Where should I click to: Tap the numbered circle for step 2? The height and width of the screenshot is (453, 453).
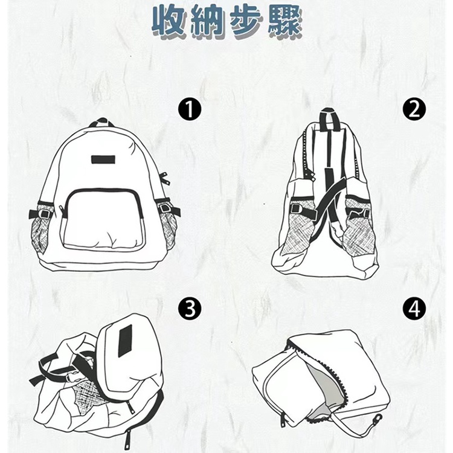pos(414,109)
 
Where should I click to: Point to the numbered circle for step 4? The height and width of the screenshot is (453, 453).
pos(414,309)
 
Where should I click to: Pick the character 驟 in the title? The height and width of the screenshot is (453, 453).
pos(283,22)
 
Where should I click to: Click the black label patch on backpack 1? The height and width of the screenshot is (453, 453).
pos(104,159)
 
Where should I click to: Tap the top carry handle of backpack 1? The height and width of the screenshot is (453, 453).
pos(101,122)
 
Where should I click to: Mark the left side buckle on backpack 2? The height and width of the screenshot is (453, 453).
pos(295,208)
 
